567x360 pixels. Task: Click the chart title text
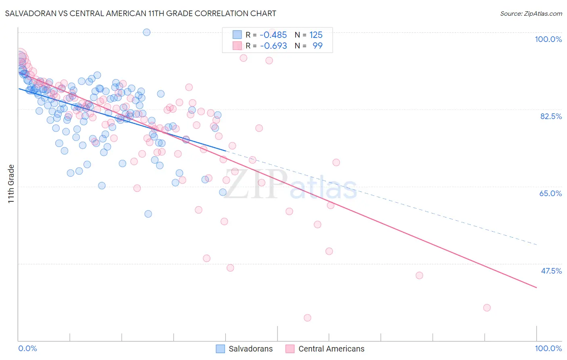140,13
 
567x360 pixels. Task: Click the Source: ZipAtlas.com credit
531,14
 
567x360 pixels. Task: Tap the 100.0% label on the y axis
548,39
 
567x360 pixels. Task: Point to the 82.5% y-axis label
551,116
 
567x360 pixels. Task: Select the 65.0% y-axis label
550,193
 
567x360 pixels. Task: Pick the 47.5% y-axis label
551,271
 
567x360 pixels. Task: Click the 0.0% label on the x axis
27,348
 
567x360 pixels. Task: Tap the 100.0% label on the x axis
548,348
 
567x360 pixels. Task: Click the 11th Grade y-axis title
11,184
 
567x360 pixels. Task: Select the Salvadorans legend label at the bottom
250,349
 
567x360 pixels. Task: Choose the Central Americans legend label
331,349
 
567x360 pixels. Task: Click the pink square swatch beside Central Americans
290,349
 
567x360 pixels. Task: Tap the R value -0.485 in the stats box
273,35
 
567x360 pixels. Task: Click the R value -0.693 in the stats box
273,46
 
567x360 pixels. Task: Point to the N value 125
316,35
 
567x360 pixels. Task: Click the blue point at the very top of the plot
147,32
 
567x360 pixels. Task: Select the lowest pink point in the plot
307,318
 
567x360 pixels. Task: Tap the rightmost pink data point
487,308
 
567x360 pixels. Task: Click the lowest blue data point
148,214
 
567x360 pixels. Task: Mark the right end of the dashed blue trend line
537,245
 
